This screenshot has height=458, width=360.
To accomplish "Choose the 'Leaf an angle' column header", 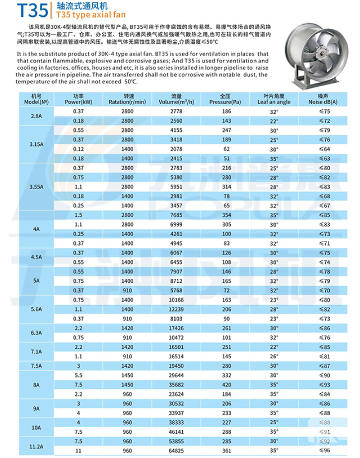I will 274,98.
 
